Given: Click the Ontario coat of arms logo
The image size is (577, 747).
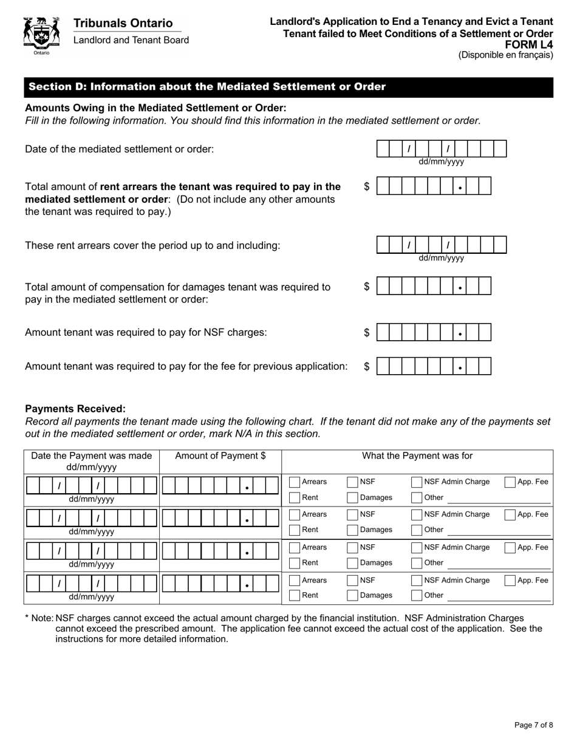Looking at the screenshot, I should click(41, 35).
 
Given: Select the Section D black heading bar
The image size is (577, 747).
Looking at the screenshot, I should click(288, 87).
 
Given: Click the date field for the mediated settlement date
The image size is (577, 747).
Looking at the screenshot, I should click(441, 149).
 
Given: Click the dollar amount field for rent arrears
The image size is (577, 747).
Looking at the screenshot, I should click(434, 186).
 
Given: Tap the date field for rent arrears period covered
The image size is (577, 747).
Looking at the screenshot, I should click(441, 245).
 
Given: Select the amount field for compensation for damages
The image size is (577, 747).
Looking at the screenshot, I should click(434, 286).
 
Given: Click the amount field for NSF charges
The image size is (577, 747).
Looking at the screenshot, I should click(434, 333).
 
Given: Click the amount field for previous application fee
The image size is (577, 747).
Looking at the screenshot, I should click(434, 366).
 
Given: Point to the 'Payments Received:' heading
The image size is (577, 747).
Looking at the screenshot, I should click(75, 409).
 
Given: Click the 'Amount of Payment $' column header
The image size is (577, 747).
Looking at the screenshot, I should click(220, 456).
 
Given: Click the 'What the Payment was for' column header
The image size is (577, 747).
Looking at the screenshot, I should click(417, 456).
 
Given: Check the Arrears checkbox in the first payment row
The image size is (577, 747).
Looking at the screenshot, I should click(295, 482).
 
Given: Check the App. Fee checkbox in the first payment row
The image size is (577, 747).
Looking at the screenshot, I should click(510, 482).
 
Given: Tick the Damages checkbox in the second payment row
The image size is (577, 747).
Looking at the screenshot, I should click(352, 530).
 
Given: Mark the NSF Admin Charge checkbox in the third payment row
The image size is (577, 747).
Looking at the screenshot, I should click(417, 548).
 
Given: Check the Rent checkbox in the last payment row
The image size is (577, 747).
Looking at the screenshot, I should click(295, 596).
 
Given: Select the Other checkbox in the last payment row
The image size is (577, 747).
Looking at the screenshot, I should click(417, 596).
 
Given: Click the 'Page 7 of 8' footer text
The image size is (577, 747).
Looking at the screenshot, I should click(533, 725).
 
